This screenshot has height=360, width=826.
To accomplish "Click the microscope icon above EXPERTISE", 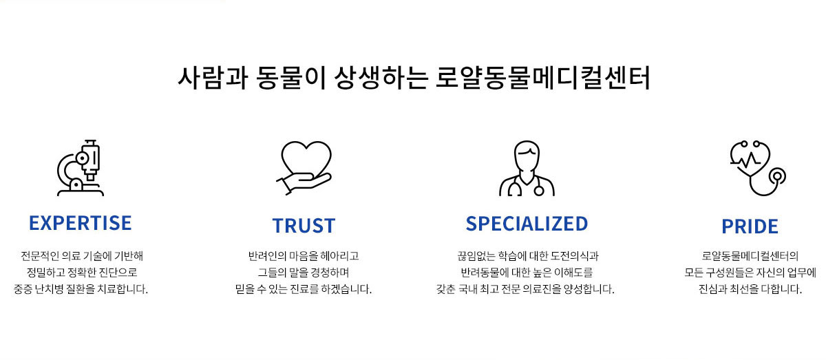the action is pyautogui.click(x=81, y=168).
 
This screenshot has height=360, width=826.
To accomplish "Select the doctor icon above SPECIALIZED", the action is pyautogui.click(x=527, y=168).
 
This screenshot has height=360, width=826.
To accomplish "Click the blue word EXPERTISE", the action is pyautogui.click(x=81, y=223).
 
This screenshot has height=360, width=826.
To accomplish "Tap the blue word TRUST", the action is pyautogui.click(x=304, y=226).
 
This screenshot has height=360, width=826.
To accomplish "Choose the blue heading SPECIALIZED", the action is pyautogui.click(x=527, y=224).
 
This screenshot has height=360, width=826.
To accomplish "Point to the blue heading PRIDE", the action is pyautogui.click(x=750, y=226).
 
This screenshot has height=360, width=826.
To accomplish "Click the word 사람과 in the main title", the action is pyautogui.click(x=213, y=78).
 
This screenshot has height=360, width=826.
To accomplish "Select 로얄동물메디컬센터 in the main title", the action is pyautogui.click(x=543, y=78).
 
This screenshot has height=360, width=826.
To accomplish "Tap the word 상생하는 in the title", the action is pyautogui.click(x=381, y=78).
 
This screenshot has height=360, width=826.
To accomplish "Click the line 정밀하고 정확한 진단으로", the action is pyautogui.click(x=82, y=273).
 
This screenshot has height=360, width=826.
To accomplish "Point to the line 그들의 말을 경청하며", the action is pyautogui.click(x=303, y=273).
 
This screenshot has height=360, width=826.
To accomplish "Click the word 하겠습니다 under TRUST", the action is pyautogui.click(x=346, y=289).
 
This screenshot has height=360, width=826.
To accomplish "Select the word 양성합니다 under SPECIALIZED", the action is pyautogui.click(x=589, y=289).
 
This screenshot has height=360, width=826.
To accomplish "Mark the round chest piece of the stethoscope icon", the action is pyautogui.click(x=777, y=176).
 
